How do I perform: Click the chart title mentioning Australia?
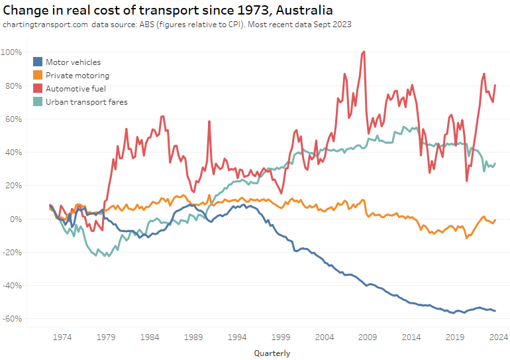(168, 10)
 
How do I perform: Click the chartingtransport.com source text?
(44, 25)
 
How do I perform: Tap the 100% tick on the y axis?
(13, 52)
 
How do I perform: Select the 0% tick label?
(17, 219)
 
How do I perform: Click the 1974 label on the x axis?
(62, 337)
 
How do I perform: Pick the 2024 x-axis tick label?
(497, 337)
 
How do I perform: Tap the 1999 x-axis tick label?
(280, 337)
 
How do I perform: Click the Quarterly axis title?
(272, 353)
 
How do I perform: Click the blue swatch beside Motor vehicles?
(37, 62)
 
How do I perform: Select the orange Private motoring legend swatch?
(37, 76)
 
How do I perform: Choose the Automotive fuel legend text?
(76, 88)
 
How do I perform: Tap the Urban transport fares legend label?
(86, 101)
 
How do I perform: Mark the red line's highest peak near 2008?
(364, 52)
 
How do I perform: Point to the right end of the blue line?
(495, 311)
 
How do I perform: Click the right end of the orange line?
(495, 219)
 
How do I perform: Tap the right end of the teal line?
(495, 164)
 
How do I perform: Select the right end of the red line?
(495, 85)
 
